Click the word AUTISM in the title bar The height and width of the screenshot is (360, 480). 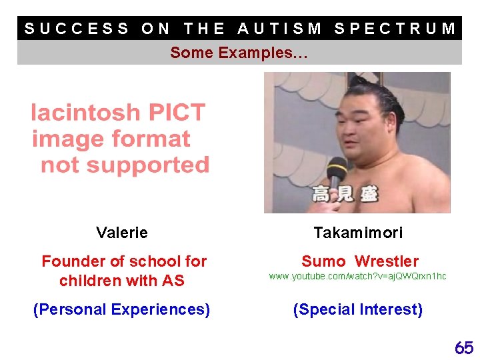pyautogui.click(x=280, y=29)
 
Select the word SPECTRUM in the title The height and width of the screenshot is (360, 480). pyautogui.click(x=395, y=29)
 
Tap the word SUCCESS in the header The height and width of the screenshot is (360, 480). pyautogui.click(x=77, y=29)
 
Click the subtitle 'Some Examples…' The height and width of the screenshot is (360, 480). pyautogui.click(x=239, y=53)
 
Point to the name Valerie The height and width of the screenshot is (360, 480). pyautogui.click(x=122, y=233)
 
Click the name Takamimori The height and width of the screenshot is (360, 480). pyautogui.click(x=358, y=233)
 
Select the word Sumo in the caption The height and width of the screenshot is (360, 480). pyautogui.click(x=323, y=261)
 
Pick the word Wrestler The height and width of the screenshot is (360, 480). pyautogui.click(x=387, y=261)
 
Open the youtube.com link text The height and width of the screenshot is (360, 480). pyautogui.click(x=357, y=276)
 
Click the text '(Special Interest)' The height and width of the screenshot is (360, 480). pyautogui.click(x=358, y=309)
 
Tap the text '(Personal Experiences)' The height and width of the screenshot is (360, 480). pyautogui.click(x=122, y=309)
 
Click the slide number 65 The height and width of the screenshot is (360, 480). pyautogui.click(x=464, y=347)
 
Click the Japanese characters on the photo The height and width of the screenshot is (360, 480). pyautogui.click(x=345, y=195)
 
